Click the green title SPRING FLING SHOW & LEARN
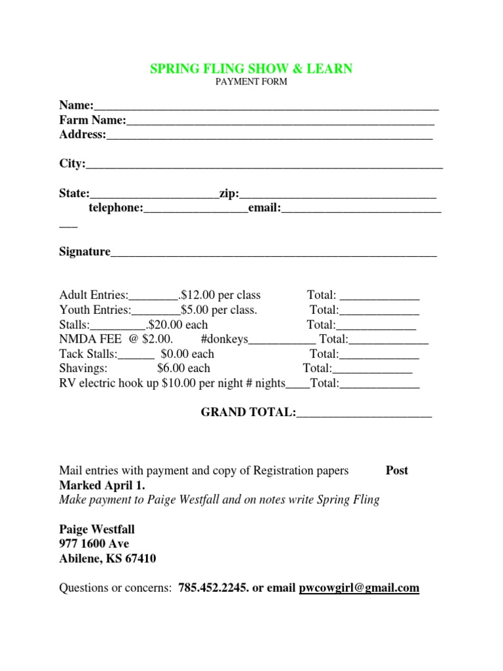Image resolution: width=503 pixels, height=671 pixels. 251,69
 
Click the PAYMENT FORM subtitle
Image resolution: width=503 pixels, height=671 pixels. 251,83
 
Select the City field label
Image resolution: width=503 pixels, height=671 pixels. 72,163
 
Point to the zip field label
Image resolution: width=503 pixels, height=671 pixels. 229,193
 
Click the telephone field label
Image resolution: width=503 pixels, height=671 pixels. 115,208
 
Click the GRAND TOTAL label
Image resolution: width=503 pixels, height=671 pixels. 248,412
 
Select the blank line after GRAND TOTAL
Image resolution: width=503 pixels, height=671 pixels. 364,413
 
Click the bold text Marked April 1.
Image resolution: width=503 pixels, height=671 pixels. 102,486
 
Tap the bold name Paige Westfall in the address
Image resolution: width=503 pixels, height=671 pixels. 97,529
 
